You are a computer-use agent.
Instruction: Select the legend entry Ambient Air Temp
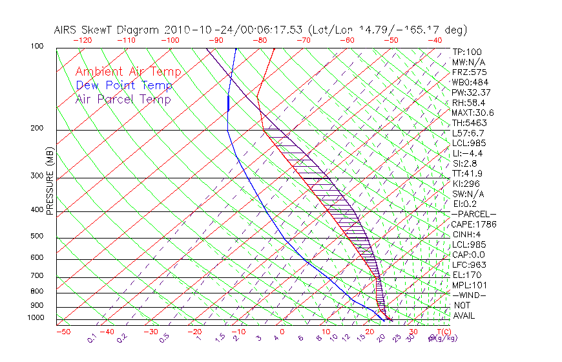(x=128, y=72)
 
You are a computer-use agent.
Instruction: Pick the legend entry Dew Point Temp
(x=124, y=85)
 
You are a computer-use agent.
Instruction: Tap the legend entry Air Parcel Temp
(x=123, y=99)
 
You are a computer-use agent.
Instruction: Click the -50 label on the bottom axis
(x=63, y=332)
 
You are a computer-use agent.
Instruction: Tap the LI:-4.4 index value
(x=468, y=153)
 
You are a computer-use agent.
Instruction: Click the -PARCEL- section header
(x=474, y=214)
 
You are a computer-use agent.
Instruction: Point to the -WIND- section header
(x=470, y=295)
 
